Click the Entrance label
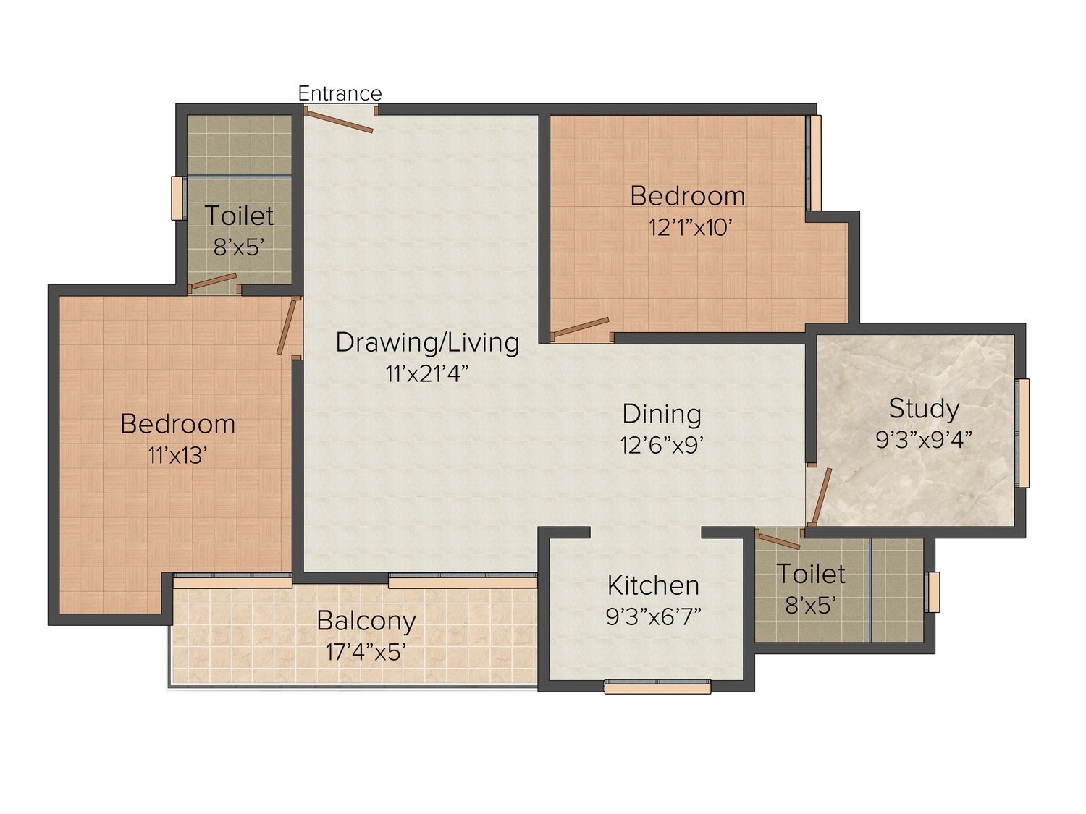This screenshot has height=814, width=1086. click(x=340, y=93)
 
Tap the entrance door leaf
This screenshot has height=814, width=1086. click(x=339, y=122)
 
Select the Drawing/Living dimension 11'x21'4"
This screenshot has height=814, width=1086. click(x=426, y=374)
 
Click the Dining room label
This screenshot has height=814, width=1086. click(x=662, y=414)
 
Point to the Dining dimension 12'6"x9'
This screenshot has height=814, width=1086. click(x=662, y=445)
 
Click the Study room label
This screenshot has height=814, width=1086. click(x=924, y=410)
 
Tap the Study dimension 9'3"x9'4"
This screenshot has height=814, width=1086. click(x=924, y=439)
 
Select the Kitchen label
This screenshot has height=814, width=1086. click(x=653, y=585)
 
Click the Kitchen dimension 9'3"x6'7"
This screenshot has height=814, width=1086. click(x=653, y=616)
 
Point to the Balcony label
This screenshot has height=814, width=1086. click(x=366, y=622)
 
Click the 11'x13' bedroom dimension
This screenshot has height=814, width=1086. click(x=177, y=455)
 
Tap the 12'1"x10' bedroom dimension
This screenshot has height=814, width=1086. click(x=690, y=228)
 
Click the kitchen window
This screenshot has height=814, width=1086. click(x=657, y=687)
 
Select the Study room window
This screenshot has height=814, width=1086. click(x=1023, y=433)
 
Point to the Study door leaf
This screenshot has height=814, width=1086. click(x=821, y=496)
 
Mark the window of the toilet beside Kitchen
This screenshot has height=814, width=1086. click(x=932, y=592)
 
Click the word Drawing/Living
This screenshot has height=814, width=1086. click(x=427, y=343)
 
